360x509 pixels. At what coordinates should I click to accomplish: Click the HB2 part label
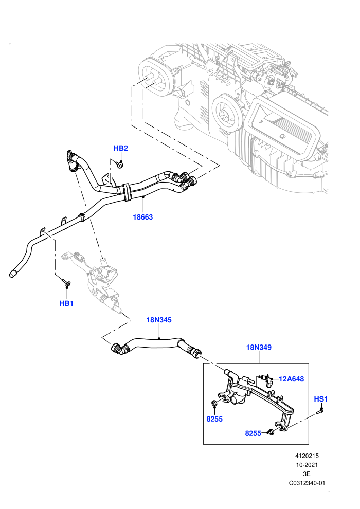click(120, 148)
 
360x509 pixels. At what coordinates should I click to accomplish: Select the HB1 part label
click(66, 303)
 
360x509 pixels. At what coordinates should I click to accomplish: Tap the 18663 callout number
click(143, 217)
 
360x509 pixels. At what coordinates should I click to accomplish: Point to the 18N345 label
click(159, 320)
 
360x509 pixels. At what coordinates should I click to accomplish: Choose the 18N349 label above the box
click(259, 347)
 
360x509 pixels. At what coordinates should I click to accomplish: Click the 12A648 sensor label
click(292, 379)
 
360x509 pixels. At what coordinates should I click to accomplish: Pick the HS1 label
click(321, 399)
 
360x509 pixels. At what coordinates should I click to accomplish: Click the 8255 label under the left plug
click(214, 419)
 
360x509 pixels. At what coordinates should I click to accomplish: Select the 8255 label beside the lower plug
click(253, 433)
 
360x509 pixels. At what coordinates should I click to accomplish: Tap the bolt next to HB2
click(120, 165)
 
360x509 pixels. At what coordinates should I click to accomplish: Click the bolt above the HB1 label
click(66, 283)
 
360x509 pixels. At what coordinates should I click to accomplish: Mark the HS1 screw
click(319, 411)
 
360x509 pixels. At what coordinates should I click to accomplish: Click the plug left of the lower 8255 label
click(271, 432)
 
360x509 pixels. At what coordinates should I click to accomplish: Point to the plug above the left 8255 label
click(214, 404)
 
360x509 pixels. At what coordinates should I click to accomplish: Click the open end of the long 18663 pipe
click(12, 274)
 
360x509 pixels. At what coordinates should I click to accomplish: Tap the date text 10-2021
click(307, 465)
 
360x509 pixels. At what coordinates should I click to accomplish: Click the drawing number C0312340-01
click(307, 483)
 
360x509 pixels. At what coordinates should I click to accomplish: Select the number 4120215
click(307, 456)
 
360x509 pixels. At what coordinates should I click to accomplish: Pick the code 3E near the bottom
click(307, 474)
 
